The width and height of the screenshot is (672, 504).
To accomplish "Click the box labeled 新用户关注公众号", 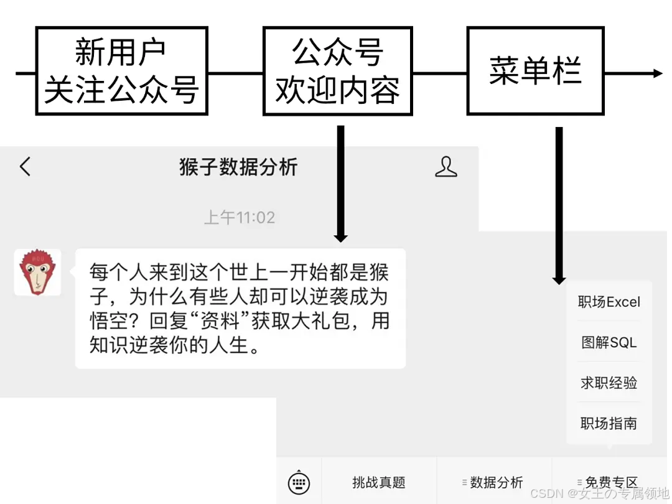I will (121, 70).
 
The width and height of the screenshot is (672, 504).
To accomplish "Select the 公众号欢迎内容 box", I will (337, 70).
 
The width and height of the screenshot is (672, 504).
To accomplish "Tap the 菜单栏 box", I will (535, 70).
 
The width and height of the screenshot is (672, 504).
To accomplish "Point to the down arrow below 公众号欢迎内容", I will (340, 236).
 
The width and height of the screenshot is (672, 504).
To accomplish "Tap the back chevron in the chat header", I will (25, 167).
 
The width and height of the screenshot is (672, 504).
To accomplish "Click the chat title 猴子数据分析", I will (238, 167).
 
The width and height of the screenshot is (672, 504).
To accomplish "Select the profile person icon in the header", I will (446, 167).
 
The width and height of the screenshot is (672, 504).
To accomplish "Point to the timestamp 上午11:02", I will (240, 218).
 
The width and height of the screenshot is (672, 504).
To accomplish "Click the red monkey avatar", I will (37, 272).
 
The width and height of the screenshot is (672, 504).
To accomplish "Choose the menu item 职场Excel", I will (609, 302).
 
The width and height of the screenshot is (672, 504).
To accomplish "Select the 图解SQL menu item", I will (609, 342).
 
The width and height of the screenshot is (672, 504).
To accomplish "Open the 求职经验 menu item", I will (609, 383).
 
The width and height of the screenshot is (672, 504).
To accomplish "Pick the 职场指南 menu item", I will (609, 423).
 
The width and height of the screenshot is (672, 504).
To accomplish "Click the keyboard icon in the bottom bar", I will (299, 482).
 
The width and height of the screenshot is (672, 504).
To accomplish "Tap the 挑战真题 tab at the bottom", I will (378, 482).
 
